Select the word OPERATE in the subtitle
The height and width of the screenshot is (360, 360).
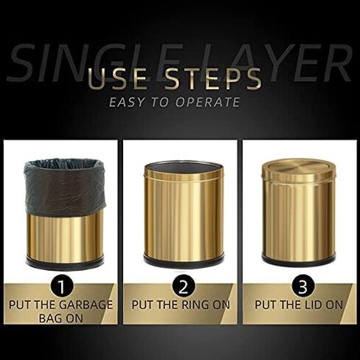pyautogui.click(x=208, y=102)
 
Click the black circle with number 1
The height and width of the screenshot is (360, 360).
pyautogui.click(x=62, y=287)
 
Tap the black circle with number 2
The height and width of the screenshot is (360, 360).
pyautogui.click(x=183, y=287)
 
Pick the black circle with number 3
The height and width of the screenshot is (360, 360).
pyautogui.click(x=302, y=286)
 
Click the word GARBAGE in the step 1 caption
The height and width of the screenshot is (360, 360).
pyautogui.click(x=86, y=305)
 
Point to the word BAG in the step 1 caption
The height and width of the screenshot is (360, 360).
pyautogui.click(x=49, y=319)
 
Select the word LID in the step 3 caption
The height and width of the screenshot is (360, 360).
pyautogui.click(x=312, y=305)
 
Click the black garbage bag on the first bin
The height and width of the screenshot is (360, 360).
pyautogui.click(x=66, y=187)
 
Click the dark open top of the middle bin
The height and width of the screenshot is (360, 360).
pyautogui.click(x=184, y=167)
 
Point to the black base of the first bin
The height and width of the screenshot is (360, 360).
pyautogui.click(x=65, y=263)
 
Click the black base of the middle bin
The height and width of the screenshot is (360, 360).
pyautogui.click(x=184, y=260)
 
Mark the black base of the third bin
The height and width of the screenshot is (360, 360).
pyautogui.click(x=299, y=260)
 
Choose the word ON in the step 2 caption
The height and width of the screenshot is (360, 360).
pyautogui.click(x=221, y=305)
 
